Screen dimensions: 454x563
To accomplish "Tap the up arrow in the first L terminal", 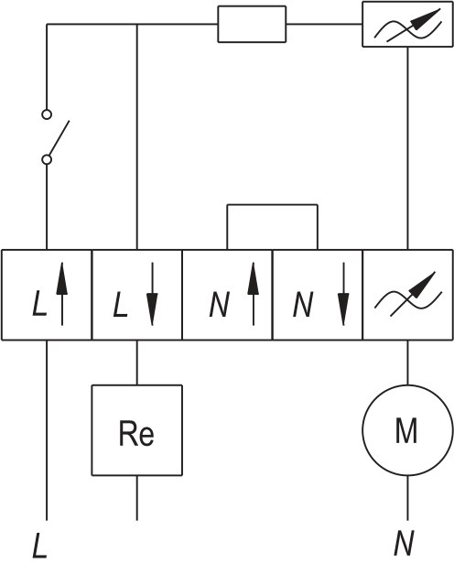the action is pyautogui.click(x=62, y=294).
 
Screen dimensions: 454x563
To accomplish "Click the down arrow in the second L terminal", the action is pyautogui.click(x=152, y=294).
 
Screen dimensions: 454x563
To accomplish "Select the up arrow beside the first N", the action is pyautogui.click(x=254, y=294).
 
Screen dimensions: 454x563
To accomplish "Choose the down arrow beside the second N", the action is pyautogui.click(x=343, y=294).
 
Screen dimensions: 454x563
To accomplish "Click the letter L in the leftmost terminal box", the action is pyautogui.click(x=39, y=304).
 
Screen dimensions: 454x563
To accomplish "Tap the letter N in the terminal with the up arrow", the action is pyautogui.click(x=220, y=304).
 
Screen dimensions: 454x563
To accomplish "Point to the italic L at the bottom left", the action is pyautogui.click(x=39, y=546).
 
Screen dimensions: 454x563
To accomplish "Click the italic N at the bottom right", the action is pyautogui.click(x=404, y=542).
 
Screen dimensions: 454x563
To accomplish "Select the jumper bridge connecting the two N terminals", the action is pyautogui.click(x=272, y=205).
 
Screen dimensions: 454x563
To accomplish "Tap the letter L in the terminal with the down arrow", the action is pyautogui.click(x=120, y=304).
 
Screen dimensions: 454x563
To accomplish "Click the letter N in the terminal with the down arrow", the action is pyautogui.click(x=303, y=304).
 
